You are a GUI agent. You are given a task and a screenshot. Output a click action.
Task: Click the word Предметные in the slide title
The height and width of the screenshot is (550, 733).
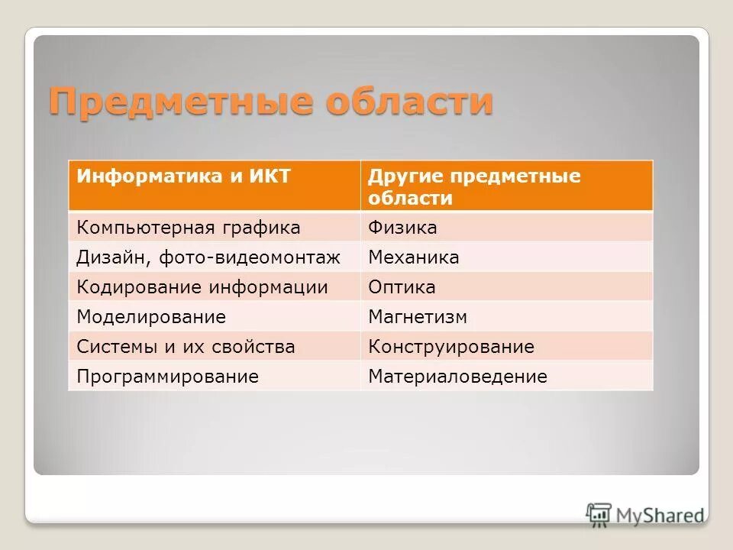[179, 102]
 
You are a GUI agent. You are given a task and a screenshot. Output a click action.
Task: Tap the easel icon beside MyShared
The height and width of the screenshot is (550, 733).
[599, 515]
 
